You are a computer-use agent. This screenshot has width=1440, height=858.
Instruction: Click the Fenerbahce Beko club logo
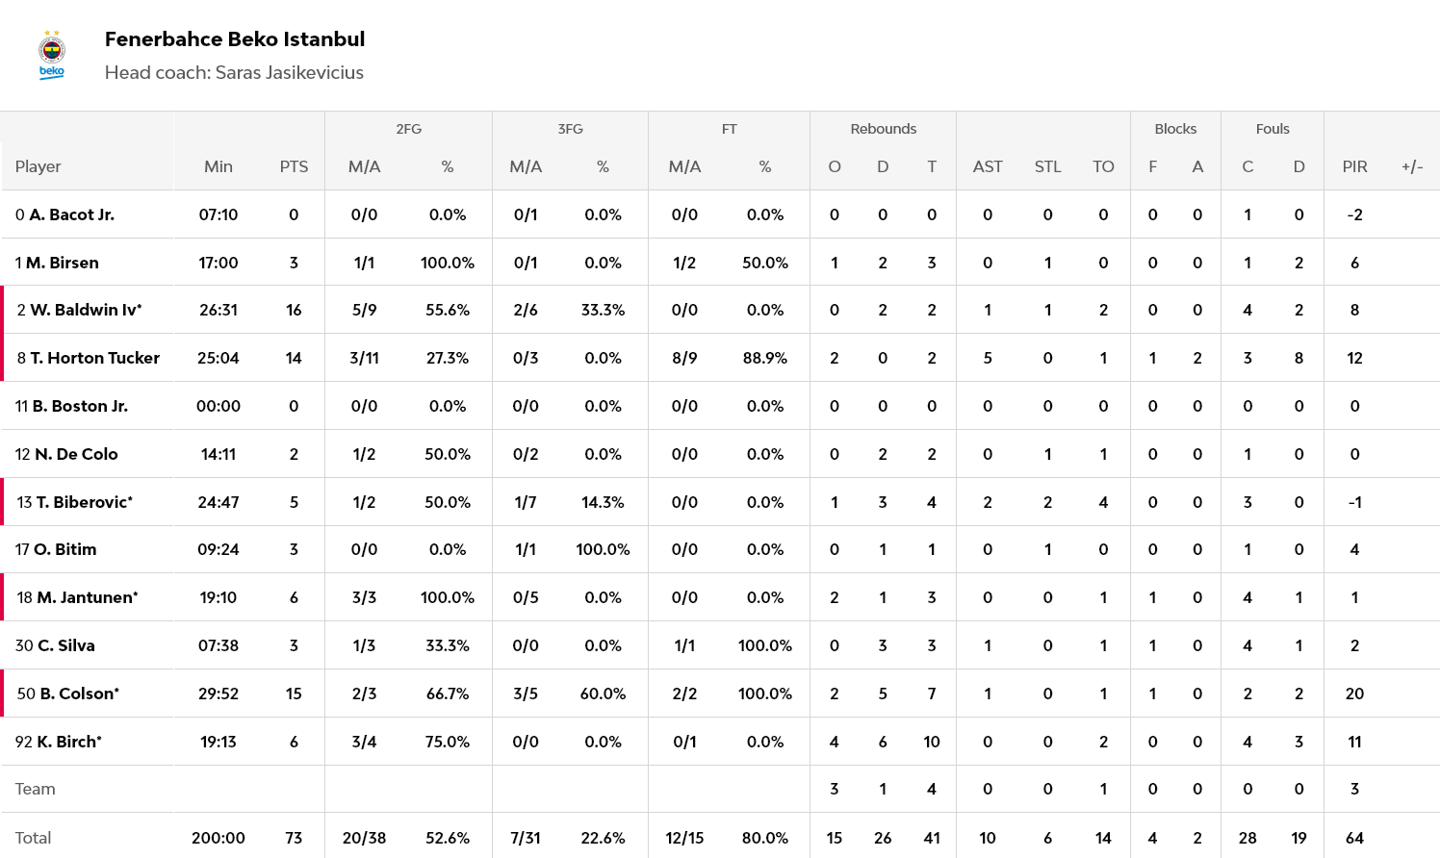pos(52,55)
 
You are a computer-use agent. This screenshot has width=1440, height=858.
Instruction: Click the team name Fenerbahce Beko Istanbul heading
pos(234,39)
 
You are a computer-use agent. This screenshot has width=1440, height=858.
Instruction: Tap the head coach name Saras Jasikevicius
pos(289,73)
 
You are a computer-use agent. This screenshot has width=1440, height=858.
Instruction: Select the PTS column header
pos(294,166)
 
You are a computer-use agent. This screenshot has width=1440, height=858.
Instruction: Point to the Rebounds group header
pos(883,129)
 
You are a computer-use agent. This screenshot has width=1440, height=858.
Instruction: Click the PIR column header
pos(1354,166)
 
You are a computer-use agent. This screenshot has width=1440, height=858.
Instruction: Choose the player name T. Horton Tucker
pos(94,358)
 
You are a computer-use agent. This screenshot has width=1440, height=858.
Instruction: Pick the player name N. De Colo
pos(76,454)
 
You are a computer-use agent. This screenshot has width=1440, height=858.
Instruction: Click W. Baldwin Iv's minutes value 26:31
pos(219,310)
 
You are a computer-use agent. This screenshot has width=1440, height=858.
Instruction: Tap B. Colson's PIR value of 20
pos(1354,694)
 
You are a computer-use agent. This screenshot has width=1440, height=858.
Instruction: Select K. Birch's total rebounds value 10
pos(931,742)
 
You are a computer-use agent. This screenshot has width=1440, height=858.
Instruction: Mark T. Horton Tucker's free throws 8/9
pos(684,358)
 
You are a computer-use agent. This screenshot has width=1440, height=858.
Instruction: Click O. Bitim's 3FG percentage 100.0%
pos(603,549)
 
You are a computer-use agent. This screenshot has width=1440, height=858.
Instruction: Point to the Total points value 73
pos(294,838)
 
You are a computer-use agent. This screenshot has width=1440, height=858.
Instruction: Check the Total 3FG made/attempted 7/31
pos(526,838)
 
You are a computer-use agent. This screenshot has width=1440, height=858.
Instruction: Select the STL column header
pos(1047,166)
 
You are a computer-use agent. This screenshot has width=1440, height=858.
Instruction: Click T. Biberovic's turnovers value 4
pos(1103,502)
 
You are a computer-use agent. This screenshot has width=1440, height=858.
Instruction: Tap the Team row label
pos(36,789)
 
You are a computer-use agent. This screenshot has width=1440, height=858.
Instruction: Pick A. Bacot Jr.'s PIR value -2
pos(1354,214)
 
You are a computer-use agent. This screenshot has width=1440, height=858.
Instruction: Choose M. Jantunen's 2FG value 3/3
pos(364,597)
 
